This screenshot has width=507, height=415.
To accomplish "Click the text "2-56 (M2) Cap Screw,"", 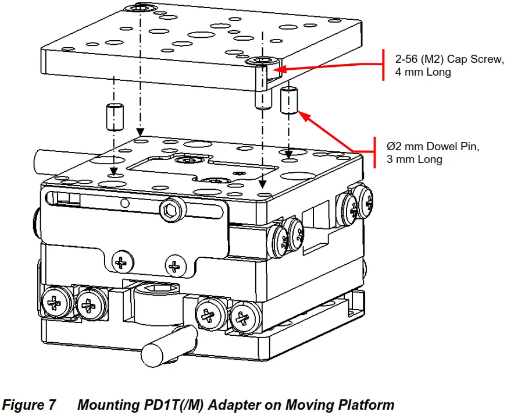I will pyautogui.click(x=449, y=61).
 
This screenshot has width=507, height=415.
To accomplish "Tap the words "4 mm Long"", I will pyautogui.click(x=422, y=74).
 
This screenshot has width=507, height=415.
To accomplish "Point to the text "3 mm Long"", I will pyautogui.click(x=415, y=159).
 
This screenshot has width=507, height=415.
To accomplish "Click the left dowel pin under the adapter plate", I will pyautogui.click(x=115, y=118).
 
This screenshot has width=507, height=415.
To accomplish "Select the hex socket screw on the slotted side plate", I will pyautogui.click(x=173, y=211).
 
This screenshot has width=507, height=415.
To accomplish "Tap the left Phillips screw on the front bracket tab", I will pyautogui.click(x=122, y=263).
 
